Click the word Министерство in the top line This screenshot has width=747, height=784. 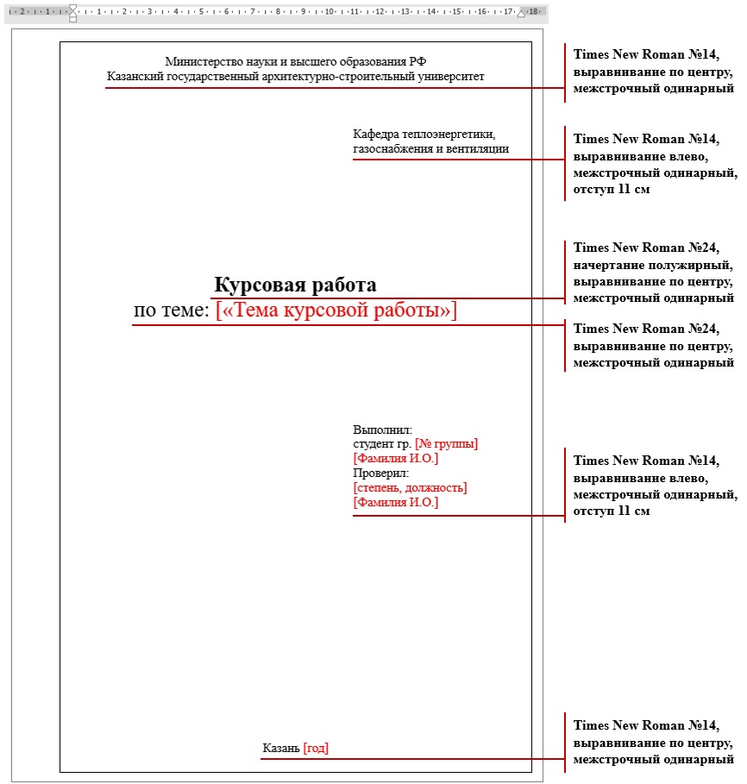click(x=200, y=61)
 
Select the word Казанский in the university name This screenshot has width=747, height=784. click(x=134, y=76)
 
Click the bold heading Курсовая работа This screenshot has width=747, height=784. click(x=295, y=285)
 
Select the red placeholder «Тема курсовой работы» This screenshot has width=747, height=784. click(x=336, y=310)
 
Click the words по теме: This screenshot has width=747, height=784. click(x=172, y=310)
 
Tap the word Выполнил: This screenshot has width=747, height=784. click(x=382, y=430)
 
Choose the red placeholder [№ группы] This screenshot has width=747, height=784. click(x=446, y=444)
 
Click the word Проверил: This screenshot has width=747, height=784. click(x=380, y=474)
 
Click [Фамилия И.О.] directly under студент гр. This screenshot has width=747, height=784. click(x=395, y=459)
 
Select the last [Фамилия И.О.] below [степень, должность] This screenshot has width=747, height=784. click(x=395, y=503)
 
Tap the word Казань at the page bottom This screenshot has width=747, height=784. click(x=281, y=749)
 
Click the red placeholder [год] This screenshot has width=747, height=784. click(x=316, y=749)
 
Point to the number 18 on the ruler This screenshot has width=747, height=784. click(x=534, y=12)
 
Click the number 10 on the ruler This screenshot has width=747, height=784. click(x=330, y=12)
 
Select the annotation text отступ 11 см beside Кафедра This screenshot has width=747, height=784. click(x=612, y=189)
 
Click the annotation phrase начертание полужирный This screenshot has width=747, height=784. click(x=646, y=264)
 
